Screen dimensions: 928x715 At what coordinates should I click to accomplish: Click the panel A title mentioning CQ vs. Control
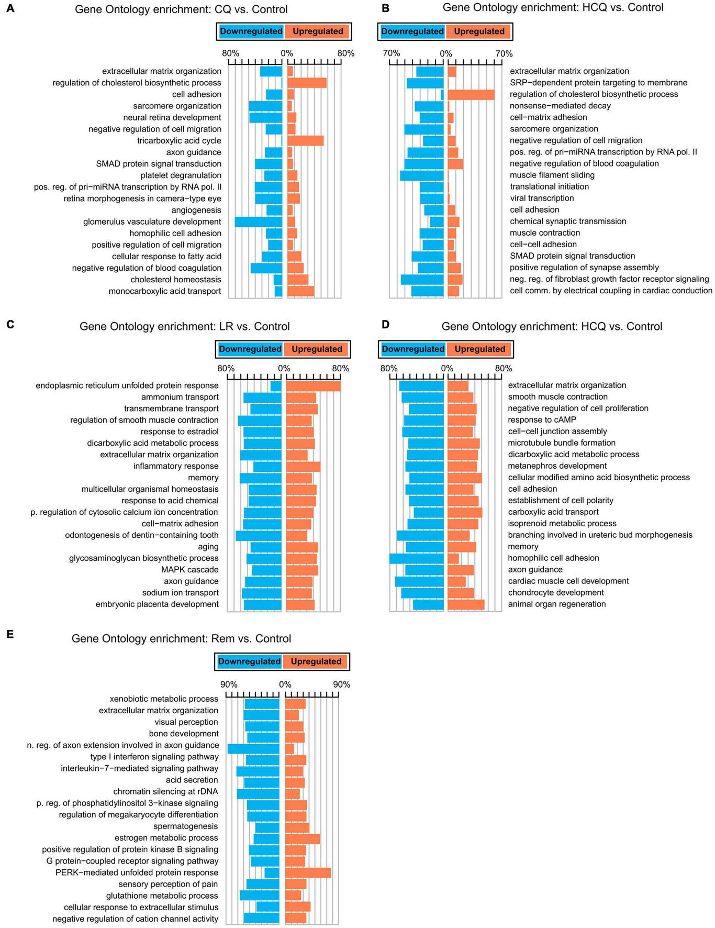pyautogui.click(x=181, y=9)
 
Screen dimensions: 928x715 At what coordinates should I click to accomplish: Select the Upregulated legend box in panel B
pyautogui.click(x=478, y=31)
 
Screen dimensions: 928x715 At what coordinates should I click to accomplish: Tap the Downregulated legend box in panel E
pyautogui.click(x=249, y=661)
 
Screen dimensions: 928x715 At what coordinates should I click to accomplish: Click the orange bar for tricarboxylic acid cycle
pyautogui.click(x=305, y=140)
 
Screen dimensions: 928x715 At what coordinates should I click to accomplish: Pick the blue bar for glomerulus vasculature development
pyautogui.click(x=258, y=222)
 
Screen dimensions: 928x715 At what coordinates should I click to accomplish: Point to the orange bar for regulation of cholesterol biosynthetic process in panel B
pyautogui.click(x=471, y=94)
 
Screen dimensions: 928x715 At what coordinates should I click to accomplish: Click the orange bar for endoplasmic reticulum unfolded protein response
pyautogui.click(x=313, y=385)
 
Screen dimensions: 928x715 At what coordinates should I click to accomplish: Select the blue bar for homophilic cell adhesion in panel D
pyautogui.click(x=417, y=558)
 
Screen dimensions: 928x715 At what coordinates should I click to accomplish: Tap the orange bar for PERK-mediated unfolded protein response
pyautogui.click(x=308, y=872)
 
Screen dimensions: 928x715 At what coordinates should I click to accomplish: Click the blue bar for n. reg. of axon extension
pyautogui.click(x=253, y=745)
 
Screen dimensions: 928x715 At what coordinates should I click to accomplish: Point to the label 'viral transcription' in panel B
pyautogui.click(x=542, y=198)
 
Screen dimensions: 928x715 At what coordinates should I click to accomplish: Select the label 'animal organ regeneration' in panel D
pyautogui.click(x=556, y=604)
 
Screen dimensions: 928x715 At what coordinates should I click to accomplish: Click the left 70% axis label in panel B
pyautogui.click(x=391, y=53)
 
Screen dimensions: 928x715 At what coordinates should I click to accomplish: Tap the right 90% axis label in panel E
pyautogui.click(x=341, y=685)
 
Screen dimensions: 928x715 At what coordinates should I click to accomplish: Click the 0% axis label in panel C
pyautogui.click(x=284, y=369)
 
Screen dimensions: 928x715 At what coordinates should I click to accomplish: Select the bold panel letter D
pyautogui.click(x=385, y=325)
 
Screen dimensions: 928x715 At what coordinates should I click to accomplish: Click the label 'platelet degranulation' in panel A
pyautogui.click(x=181, y=175)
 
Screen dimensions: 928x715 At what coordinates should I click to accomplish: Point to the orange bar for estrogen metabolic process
pyautogui.click(x=302, y=838)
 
